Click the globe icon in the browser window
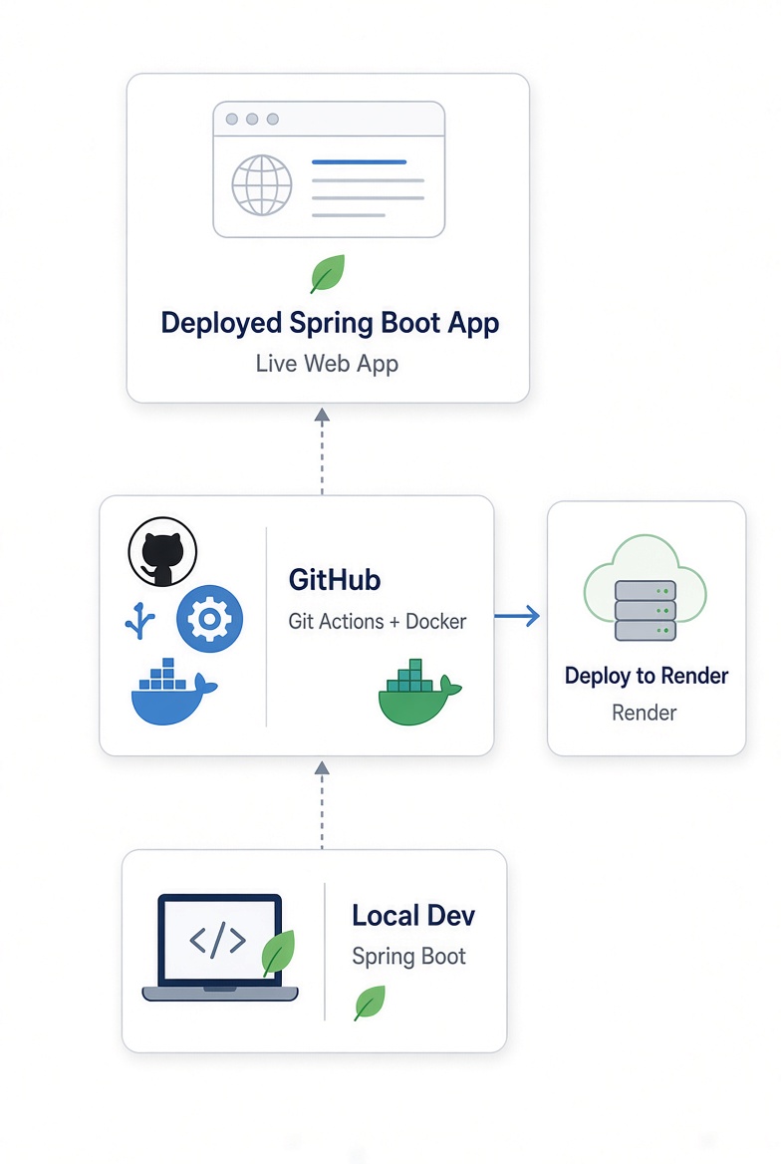tap(261, 184)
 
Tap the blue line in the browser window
tap(360, 161)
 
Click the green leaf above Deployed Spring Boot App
tap(328, 273)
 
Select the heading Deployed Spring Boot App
tap(331, 324)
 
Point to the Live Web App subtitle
tap(328, 364)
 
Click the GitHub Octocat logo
tap(162, 551)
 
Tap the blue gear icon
tap(209, 618)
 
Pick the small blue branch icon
tap(139, 621)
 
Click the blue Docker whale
tap(173, 692)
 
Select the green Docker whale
tap(419, 692)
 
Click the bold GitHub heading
tap(335, 580)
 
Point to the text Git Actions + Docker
tap(378, 621)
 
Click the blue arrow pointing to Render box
tap(517, 616)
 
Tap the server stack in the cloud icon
tap(646, 610)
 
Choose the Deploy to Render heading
tap(647, 677)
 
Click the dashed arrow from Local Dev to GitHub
tap(322, 804)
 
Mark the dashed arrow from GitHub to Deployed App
tap(322, 451)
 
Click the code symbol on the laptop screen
tap(217, 940)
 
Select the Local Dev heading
tap(413, 916)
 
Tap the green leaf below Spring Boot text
tap(370, 1003)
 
